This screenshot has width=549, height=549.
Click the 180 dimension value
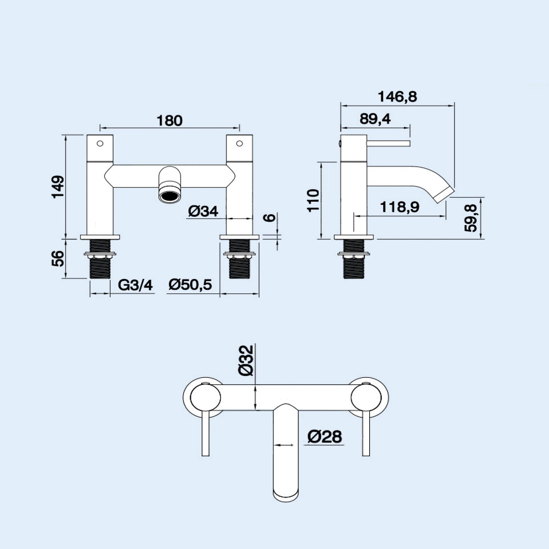click(170, 121)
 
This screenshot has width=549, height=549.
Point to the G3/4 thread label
click(135, 285)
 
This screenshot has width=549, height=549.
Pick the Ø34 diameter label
click(203, 211)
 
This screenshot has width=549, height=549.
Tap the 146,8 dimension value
click(397, 97)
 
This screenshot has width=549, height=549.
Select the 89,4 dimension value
click(375, 119)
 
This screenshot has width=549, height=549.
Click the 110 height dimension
click(314, 200)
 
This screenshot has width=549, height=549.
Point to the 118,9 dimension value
click(400, 207)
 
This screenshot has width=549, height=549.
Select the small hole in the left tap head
click(100, 143)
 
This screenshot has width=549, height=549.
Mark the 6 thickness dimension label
click(271, 217)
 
